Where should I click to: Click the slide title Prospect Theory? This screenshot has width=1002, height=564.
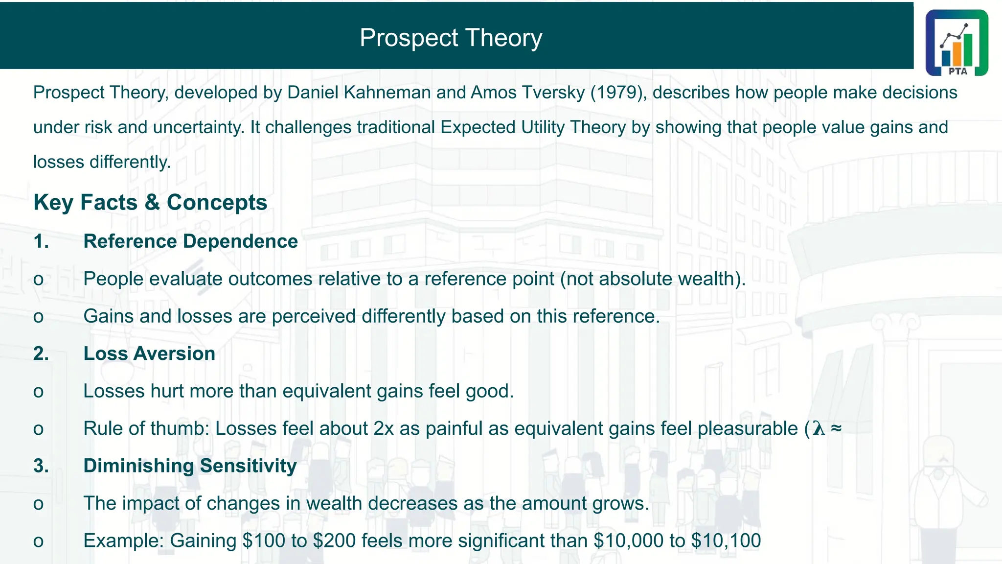coord(451,38)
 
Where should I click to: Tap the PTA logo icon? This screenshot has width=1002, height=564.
coord(956,43)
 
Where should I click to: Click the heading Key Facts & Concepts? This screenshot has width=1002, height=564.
coord(150,202)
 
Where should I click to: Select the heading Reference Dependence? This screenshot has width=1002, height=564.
coord(190,241)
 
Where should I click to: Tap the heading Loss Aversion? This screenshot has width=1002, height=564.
coord(149,353)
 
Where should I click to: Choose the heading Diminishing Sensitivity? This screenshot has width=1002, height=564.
coord(190,466)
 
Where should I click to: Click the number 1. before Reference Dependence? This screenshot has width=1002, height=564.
coord(41,241)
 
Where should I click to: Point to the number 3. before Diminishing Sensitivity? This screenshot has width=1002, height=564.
coord(41,466)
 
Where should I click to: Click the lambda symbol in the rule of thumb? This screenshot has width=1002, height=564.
coord(819,429)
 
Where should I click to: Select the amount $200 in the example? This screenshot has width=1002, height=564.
coord(334,540)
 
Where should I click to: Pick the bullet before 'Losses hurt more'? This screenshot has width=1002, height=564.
coord(38,392)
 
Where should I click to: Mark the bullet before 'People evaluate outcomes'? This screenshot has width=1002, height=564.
coord(38,280)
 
